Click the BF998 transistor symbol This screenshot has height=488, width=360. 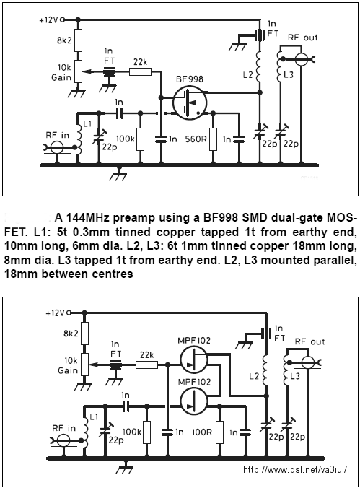click(x=190, y=103)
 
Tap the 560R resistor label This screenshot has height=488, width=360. click(x=196, y=139)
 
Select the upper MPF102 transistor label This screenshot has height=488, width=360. click(x=194, y=340)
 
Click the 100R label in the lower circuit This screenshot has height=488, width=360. click(x=202, y=432)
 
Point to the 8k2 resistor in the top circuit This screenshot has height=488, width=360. click(x=78, y=40)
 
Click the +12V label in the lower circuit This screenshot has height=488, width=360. click(x=55, y=313)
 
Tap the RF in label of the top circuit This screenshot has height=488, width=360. click(x=57, y=135)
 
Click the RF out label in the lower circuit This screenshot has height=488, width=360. click(x=309, y=341)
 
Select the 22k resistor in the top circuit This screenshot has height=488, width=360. click(x=140, y=72)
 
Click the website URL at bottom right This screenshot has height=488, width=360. click(x=295, y=469)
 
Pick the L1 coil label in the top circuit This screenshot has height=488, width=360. click(x=87, y=124)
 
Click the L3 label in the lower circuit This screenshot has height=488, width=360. click(x=294, y=376)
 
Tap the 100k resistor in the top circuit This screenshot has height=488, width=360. click(x=141, y=139)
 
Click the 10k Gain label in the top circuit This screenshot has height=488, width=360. click(x=61, y=72)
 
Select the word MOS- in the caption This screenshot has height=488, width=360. click(x=341, y=218)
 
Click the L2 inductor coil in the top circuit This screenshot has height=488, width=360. click(x=258, y=67)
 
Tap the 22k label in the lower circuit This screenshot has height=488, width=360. click(x=146, y=354)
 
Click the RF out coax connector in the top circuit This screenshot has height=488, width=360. click(x=301, y=59)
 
